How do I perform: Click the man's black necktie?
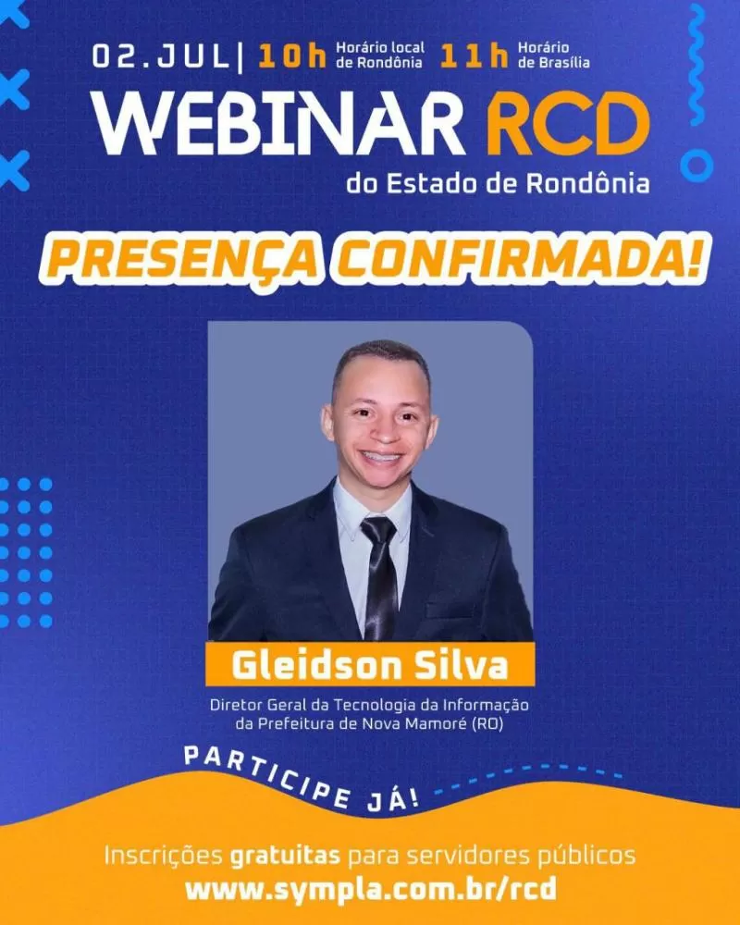(378, 573)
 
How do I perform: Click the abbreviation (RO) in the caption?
(487, 724)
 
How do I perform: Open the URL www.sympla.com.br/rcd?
(370, 889)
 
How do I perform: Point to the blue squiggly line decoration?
(697, 65)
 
